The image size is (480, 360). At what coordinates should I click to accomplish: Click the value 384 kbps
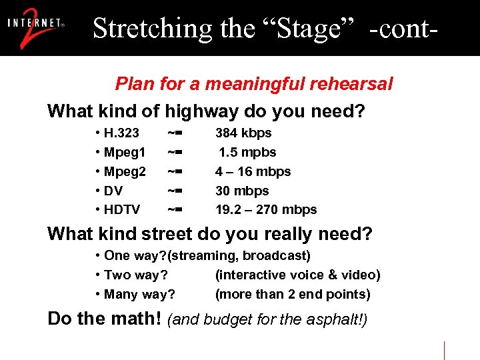coord(243,133)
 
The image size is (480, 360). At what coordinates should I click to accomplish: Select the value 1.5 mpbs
coord(247,153)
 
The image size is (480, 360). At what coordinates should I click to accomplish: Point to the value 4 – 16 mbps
coord(253,172)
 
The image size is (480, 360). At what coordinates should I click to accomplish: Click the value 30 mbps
coord(242,191)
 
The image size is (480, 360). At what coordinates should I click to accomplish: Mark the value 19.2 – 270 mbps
coord(266,210)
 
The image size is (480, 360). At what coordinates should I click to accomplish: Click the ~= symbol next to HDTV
coord(175,210)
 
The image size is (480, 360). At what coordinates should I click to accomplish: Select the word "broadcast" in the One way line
coord(275,256)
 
